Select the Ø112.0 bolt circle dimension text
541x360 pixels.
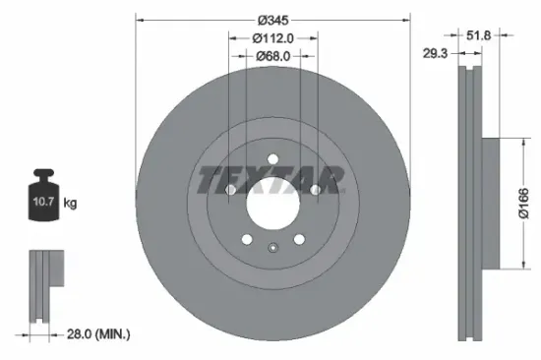271,38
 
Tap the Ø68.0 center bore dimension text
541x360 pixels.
271,57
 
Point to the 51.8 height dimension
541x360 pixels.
506,34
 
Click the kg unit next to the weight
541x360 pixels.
70,204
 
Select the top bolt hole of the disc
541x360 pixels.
270,157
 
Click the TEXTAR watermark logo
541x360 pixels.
270,179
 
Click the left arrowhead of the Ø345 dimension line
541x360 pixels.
138,20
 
